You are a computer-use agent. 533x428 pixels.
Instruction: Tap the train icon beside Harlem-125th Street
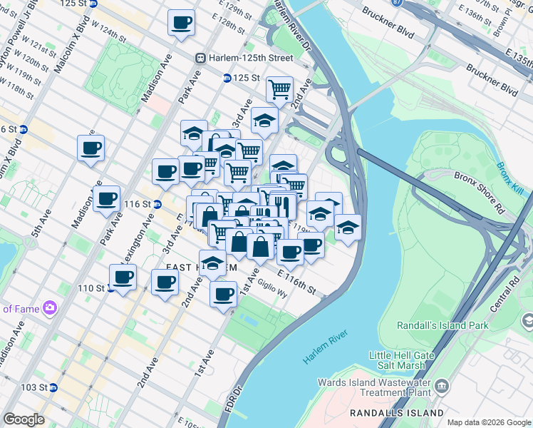coord(202,57)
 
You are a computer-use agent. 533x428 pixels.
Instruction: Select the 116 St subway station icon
coord(157,204)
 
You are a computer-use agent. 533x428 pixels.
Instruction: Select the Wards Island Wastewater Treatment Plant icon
coord(441,387)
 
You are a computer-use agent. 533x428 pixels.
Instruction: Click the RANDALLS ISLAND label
coord(396,413)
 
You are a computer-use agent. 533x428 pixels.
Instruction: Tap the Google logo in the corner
coord(24,419)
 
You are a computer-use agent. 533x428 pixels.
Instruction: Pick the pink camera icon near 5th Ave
coord(49,308)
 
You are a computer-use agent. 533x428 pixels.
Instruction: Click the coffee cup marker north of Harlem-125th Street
coord(181,22)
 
